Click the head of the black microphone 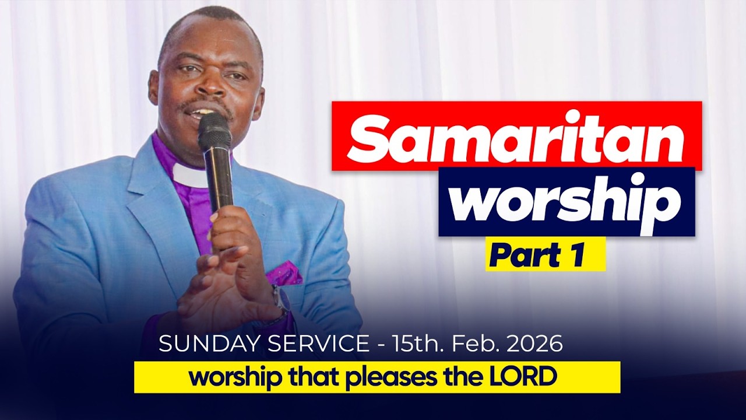(x=214, y=129)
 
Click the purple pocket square (x=285, y=273)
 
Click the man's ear (x=153, y=85)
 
